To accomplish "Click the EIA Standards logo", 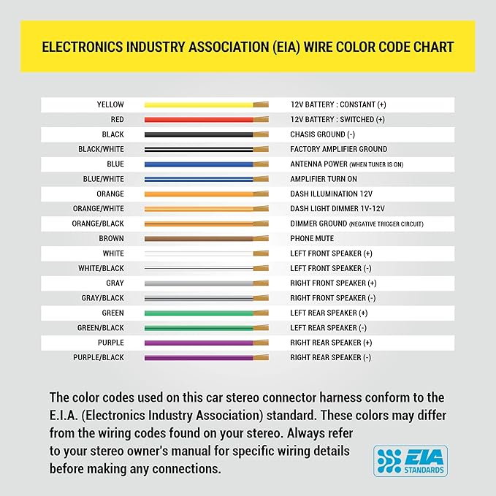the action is pos(411,461).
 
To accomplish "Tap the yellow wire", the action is pos(207,104).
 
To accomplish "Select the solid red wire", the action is pos(207,120).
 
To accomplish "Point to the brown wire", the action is pos(207,239).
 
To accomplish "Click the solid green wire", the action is pos(207,313).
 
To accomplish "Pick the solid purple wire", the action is pos(207,343).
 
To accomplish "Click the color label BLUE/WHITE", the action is pos(104,179).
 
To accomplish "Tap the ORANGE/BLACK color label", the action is pos(98,224).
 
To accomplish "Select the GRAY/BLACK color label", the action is pos(102,298).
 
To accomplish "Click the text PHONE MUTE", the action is pos(312,239).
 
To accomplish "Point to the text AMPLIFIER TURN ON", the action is pos(324,179).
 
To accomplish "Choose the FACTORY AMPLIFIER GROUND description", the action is pos(339,149).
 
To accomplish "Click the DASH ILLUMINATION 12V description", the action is pos(332,194).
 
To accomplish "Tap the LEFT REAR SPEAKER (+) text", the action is pos(329,313).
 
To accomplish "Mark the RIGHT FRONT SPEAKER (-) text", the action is pos(333,298).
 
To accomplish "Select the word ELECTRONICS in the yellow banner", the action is pos(83,47).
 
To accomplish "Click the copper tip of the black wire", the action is pos(261,134).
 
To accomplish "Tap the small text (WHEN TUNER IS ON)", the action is pos(376,164).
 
